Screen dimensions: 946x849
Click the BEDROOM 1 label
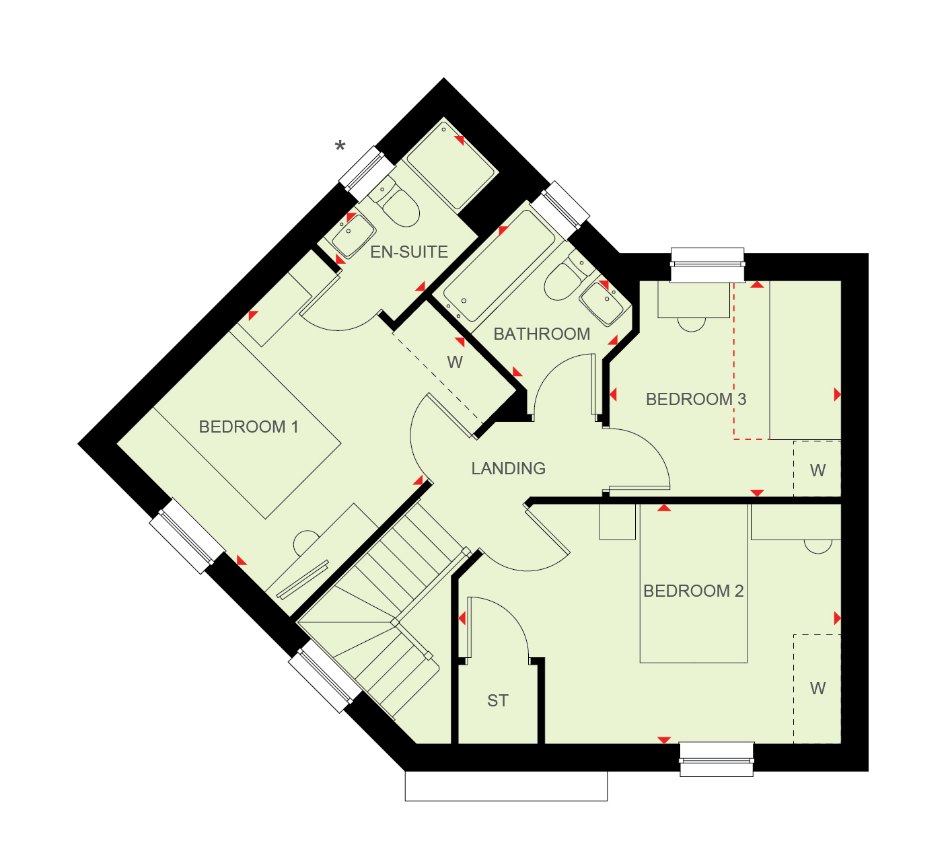tap(248, 427)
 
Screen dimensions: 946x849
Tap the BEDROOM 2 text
tap(694, 591)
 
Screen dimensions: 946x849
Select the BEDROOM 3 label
tap(696, 400)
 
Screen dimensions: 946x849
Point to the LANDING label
tap(508, 468)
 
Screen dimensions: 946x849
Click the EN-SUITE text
tap(409, 252)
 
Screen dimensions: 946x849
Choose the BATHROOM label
tap(542, 334)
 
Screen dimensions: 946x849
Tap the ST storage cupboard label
tap(497, 700)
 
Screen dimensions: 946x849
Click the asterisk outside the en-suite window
tap(340, 146)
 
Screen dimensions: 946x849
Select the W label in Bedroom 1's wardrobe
tap(455, 362)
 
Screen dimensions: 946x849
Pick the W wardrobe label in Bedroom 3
tap(817, 470)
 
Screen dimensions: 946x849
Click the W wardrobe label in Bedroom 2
tap(817, 688)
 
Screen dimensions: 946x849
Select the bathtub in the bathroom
tap(499, 265)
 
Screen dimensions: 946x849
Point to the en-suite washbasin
tap(353, 236)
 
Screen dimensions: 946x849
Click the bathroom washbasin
tap(602, 303)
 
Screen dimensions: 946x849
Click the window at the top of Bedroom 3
tap(707, 265)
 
